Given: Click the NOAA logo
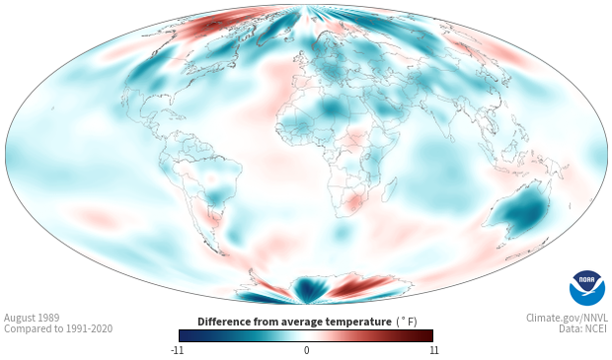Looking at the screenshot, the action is (587, 288).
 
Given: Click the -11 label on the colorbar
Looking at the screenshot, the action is (177, 350).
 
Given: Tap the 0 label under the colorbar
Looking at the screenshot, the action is (306, 350).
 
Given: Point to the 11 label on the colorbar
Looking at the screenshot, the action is (433, 350).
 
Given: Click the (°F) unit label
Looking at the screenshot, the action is (407, 323).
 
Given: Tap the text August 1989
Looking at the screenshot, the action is (32, 318).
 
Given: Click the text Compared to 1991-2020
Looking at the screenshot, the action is (58, 328).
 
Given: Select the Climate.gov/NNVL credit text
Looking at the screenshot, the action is (567, 318).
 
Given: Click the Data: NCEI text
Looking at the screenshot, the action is (583, 328).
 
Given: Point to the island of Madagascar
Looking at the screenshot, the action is (390, 189).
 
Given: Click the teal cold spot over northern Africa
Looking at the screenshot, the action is (332, 107).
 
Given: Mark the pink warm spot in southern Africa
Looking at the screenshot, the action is (354, 201).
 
